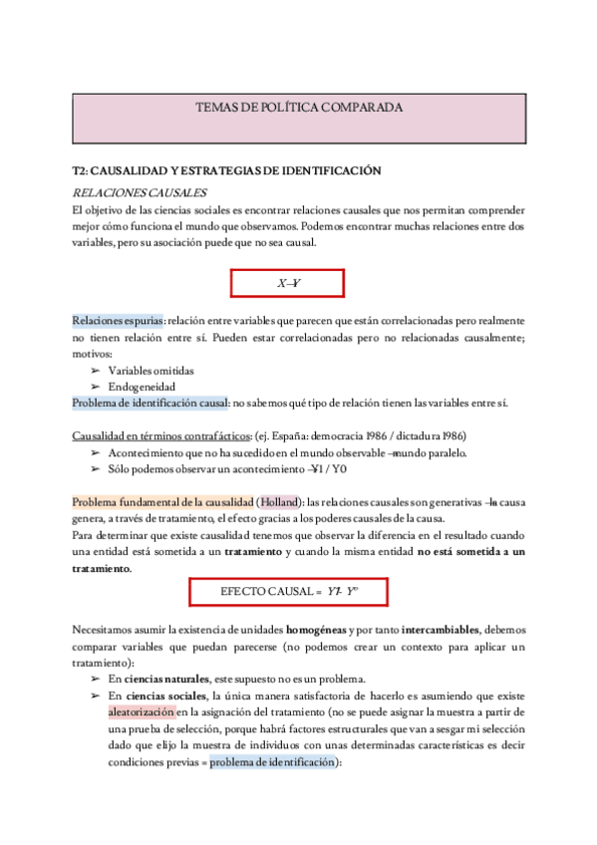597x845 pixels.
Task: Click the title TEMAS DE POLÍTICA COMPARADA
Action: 298,107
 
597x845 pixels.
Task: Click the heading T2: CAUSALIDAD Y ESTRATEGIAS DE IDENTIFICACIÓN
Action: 227,171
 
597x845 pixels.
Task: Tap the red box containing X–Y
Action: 288,284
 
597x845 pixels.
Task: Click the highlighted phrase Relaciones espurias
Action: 118,321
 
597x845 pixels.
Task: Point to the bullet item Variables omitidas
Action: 150,370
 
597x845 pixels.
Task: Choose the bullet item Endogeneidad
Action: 143,387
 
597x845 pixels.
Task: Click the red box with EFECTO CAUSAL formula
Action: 289,592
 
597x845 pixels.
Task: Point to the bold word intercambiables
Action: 439,630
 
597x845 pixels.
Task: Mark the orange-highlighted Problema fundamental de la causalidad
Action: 161,502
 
